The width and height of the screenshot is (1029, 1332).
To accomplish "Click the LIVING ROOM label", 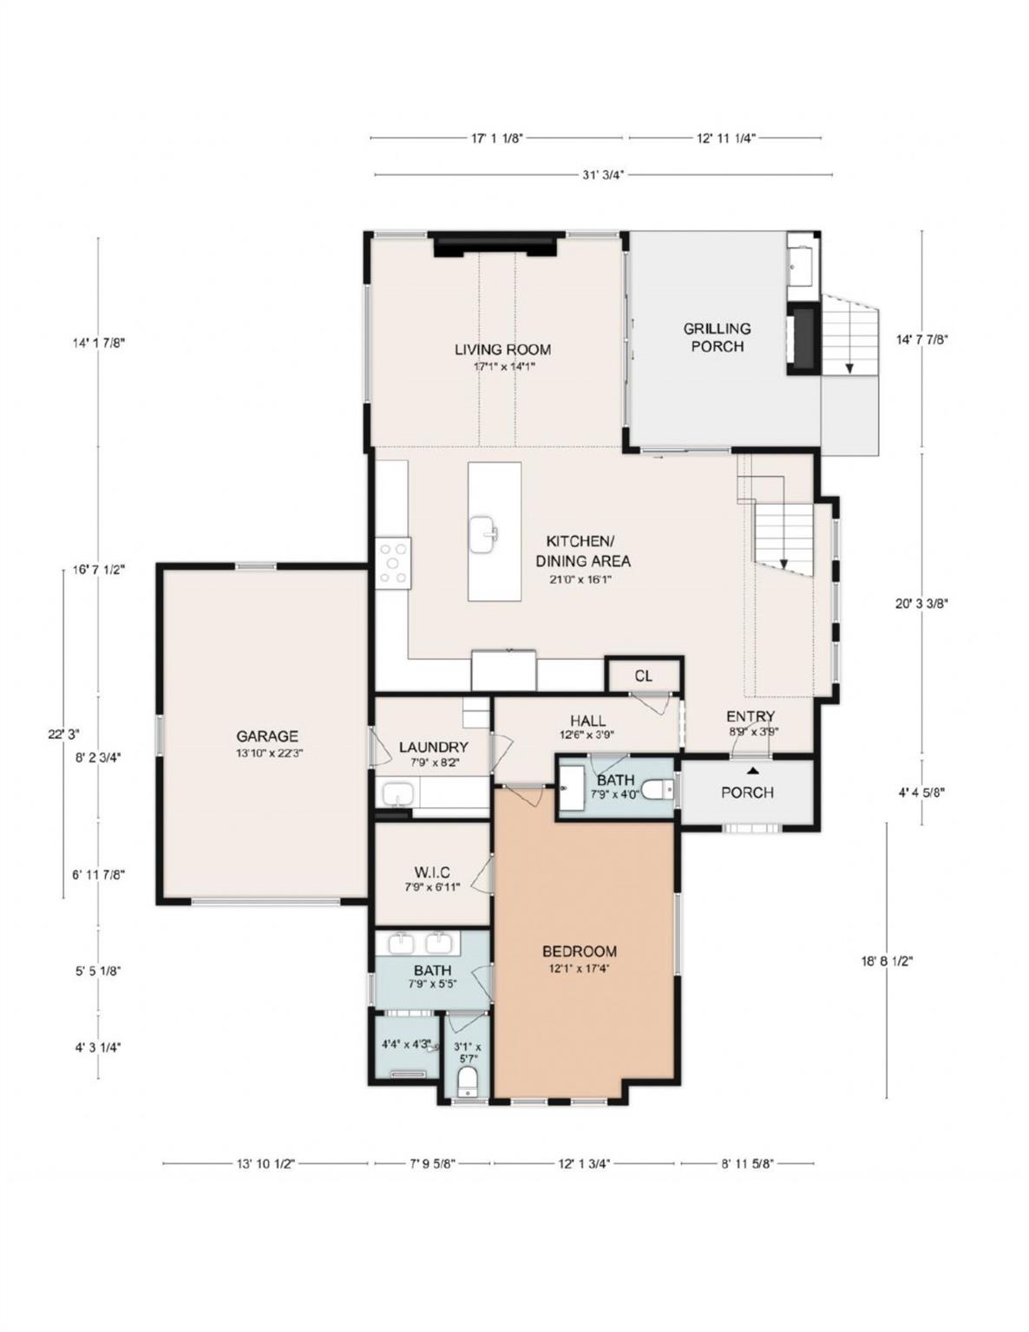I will (502, 349).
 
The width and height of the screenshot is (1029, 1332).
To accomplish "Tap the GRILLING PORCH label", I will (717, 337).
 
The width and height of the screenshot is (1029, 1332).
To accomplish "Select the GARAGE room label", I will (267, 736).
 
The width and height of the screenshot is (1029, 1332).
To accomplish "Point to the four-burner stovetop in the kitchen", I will (393, 563).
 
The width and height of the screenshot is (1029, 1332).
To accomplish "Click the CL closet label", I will (643, 676).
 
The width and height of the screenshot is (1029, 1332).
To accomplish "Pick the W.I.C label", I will (431, 872).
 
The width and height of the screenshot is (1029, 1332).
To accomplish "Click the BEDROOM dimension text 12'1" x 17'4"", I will (579, 969).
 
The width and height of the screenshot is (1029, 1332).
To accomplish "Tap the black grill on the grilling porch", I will (803, 339).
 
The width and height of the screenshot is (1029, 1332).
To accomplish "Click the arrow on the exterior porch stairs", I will (849, 367).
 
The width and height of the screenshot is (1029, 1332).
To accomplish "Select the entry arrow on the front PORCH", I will (753, 769).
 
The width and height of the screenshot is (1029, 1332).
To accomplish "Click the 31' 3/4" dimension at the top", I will (603, 174).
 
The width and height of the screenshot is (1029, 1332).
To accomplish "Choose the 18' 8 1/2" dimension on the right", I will (887, 961).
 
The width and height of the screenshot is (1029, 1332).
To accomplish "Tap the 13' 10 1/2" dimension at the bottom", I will (265, 1164).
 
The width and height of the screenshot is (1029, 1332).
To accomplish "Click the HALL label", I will (587, 721).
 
